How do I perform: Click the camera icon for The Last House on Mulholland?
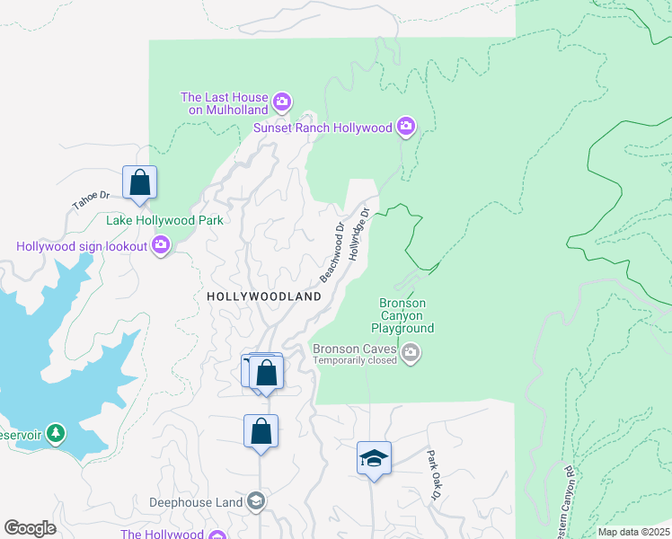click(x=282, y=101)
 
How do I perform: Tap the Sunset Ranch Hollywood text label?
click(x=323, y=128)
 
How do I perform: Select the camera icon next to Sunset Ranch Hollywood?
click(x=406, y=127)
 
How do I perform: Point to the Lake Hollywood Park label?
click(x=164, y=220)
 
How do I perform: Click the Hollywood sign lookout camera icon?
click(x=162, y=244)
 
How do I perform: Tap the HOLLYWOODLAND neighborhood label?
click(x=263, y=296)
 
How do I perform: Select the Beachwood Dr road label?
click(x=332, y=251)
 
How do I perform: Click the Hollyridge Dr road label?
click(x=359, y=233)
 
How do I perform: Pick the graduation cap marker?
click(x=374, y=459)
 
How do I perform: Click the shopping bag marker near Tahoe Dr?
click(x=140, y=183)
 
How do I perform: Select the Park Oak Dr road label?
click(x=434, y=475)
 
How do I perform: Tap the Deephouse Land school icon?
click(x=256, y=501)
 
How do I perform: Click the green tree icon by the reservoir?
click(x=56, y=434)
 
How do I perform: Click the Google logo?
click(x=30, y=528)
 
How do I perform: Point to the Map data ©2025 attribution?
click(x=633, y=532)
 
